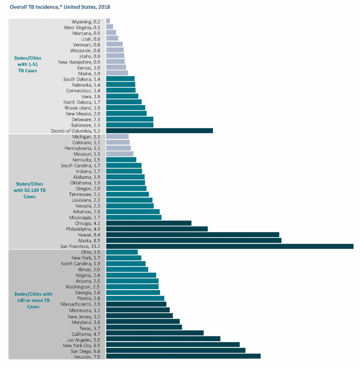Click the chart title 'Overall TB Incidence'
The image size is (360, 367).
click(60, 7)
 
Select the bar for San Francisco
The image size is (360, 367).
click(230, 246)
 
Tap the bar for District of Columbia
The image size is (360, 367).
click(159, 131)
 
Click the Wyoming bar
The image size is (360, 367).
click(108, 21)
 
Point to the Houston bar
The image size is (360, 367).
click(183, 356)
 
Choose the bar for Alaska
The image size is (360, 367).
click(194, 240)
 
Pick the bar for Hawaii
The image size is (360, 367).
click(193, 235)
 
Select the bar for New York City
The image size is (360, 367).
click(173, 345)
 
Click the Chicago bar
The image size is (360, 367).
click(149, 223)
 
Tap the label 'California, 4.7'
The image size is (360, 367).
click(86, 334)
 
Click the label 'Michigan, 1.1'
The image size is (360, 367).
click(86, 137)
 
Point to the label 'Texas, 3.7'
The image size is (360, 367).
click(90, 328)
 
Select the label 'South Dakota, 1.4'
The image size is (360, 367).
click(81, 79)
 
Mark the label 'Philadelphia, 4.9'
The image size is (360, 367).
click(83, 229)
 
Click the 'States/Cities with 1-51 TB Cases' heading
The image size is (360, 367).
click(28, 64)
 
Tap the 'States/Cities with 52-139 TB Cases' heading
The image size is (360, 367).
click(29, 190)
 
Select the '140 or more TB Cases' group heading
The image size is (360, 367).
click(33, 300)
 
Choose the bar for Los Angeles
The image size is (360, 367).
click(163, 339)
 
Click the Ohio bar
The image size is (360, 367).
click(122, 252)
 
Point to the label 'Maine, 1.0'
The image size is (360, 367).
click(89, 74)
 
